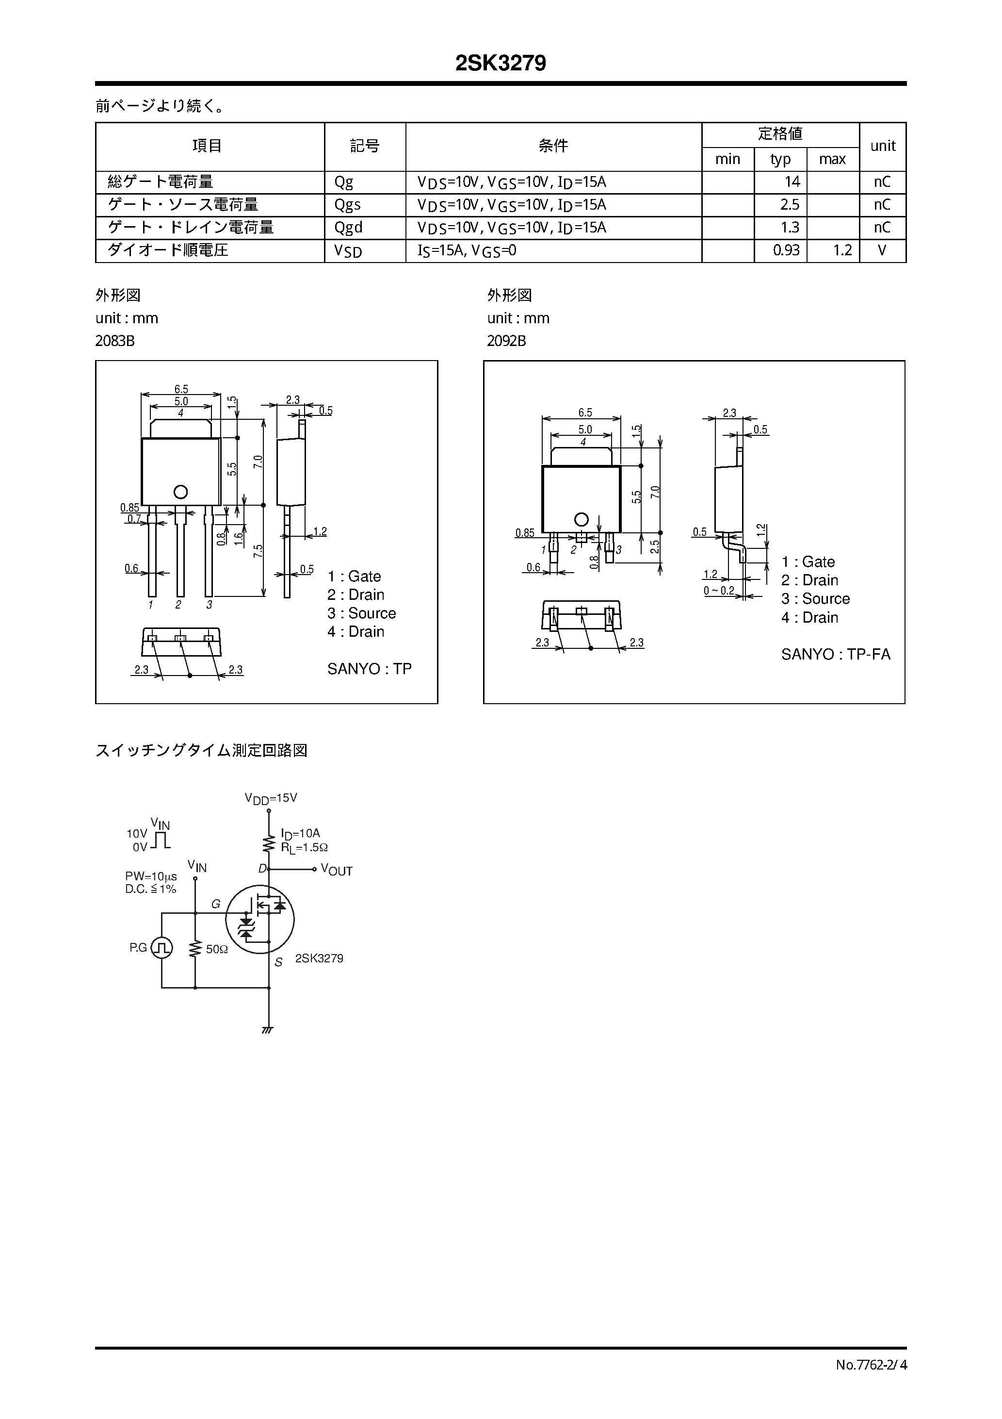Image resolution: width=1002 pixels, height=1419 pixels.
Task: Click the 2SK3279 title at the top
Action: (x=501, y=64)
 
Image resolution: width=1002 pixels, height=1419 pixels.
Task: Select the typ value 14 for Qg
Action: (x=792, y=181)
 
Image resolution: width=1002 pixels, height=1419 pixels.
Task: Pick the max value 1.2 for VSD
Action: (x=842, y=250)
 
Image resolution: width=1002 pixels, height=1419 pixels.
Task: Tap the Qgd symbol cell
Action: (x=348, y=228)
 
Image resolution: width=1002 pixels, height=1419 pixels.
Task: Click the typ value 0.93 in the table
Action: (x=786, y=250)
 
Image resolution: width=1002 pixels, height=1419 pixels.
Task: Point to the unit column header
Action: (x=882, y=146)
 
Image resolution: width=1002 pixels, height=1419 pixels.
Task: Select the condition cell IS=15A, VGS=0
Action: (x=467, y=250)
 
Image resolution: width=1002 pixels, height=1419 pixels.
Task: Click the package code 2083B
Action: (x=115, y=341)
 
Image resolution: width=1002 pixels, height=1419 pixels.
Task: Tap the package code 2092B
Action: (x=506, y=341)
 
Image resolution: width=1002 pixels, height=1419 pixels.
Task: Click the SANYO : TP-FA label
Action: (x=835, y=655)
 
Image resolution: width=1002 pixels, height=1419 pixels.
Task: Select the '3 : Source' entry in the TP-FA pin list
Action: (x=815, y=599)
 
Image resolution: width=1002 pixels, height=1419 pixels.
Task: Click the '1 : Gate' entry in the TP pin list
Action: (x=354, y=577)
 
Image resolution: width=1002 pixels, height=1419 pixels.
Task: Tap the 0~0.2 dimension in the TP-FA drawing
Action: (x=719, y=591)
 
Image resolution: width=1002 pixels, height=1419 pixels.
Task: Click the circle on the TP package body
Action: (x=180, y=492)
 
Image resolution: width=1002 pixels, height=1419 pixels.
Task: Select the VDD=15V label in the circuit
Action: (x=271, y=798)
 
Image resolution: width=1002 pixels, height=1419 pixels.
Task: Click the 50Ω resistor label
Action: (x=217, y=949)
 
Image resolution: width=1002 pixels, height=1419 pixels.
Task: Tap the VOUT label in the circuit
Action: (x=337, y=871)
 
